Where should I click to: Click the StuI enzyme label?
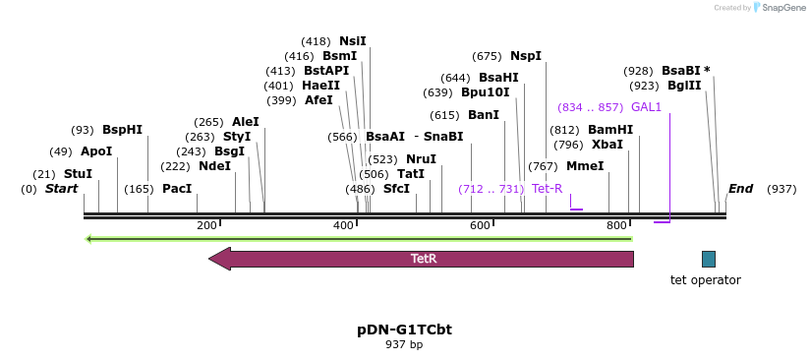point(78,174)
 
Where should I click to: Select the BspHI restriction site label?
point(122,130)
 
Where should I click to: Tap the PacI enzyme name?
point(177,189)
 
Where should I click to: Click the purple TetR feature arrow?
point(423,259)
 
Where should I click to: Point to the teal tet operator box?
point(709,259)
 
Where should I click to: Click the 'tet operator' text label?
point(705,280)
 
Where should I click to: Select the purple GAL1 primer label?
point(646,107)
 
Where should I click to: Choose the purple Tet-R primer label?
point(547,189)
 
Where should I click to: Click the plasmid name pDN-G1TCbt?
point(404,330)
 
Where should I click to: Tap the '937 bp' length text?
point(404,345)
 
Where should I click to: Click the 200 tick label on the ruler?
point(206,226)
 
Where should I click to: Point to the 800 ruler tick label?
point(616,226)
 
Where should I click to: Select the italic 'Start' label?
point(61,189)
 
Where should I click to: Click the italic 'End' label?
point(740,189)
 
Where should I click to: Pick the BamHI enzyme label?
point(610,130)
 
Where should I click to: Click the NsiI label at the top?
point(352,41)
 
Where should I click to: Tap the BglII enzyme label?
point(684,86)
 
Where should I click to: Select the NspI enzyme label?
point(525,56)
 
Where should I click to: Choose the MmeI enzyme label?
point(585,166)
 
